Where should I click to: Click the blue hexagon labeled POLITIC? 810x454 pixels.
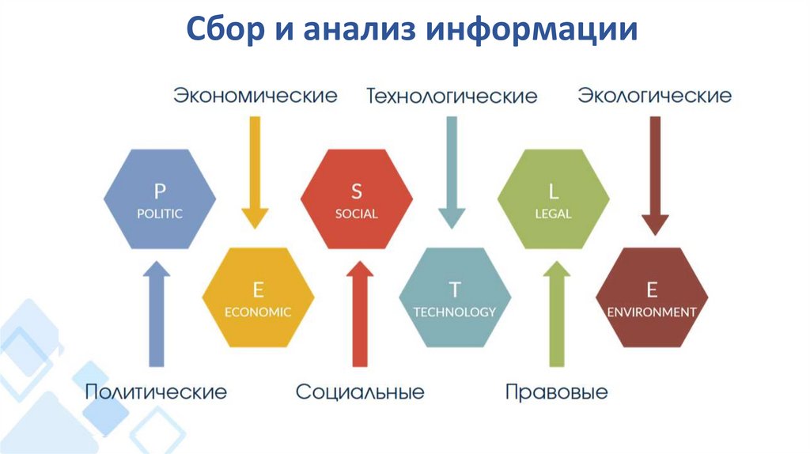tap(159, 200)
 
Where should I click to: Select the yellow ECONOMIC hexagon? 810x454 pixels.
tap(258, 297)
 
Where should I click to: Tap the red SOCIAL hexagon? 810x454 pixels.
tap(357, 200)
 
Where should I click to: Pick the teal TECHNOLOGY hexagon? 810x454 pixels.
tap(455, 297)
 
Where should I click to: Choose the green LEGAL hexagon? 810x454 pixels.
tap(554, 200)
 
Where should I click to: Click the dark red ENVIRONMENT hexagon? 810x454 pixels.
tap(652, 297)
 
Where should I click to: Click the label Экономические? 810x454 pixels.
tap(255, 96)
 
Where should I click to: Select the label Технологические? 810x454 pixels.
tap(452, 96)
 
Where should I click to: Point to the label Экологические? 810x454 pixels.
tap(654, 96)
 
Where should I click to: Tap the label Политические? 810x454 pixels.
tap(156, 392)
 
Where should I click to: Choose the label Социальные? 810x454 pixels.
tap(360, 392)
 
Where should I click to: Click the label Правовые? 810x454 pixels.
tap(556, 392)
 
